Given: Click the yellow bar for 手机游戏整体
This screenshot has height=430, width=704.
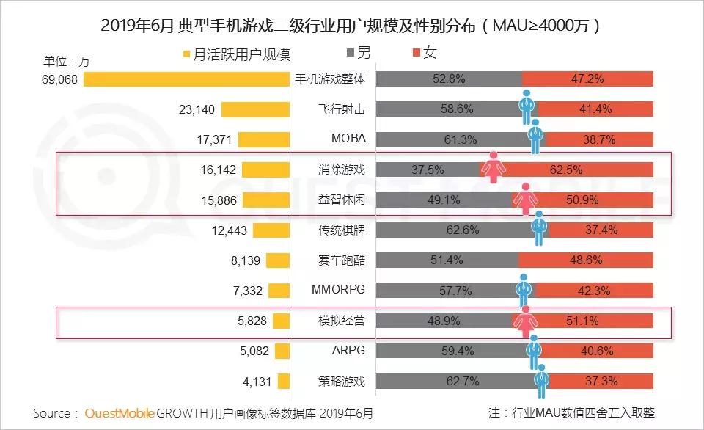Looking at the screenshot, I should (188, 79).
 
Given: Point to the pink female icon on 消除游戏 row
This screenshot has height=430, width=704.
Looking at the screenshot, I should (492, 167).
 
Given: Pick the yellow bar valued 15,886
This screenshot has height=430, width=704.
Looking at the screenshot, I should (267, 200).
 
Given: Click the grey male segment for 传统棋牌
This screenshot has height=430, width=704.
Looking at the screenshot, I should (455, 230).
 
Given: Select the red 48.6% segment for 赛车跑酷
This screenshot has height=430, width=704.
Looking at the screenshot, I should (585, 260).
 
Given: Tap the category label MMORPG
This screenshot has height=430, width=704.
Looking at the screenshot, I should (338, 290).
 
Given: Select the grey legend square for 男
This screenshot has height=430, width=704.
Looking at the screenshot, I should (348, 54).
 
